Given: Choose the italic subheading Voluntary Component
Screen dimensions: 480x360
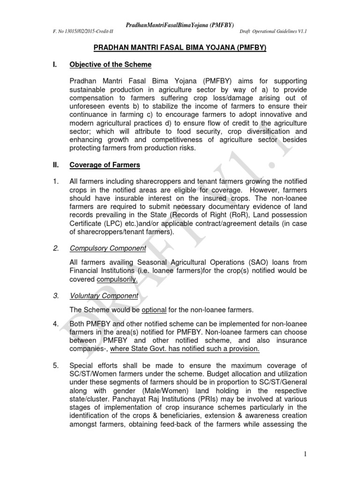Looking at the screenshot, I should tap(104, 296).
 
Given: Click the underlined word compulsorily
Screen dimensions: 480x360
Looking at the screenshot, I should tap(117, 279).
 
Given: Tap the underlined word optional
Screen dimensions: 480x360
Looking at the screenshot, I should tap(154, 309).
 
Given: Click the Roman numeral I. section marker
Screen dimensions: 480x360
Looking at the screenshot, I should tap(54, 64).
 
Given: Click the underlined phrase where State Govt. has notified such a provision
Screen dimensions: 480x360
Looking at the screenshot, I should tap(184, 349).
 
